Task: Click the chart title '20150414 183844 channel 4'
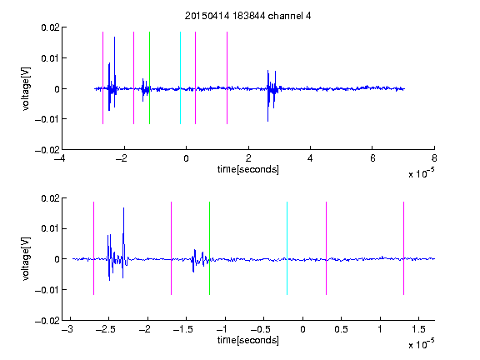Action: (x=247, y=16)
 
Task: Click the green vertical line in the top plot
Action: (x=149, y=77)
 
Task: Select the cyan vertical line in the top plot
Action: (x=180, y=77)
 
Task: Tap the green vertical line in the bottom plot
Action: (x=210, y=248)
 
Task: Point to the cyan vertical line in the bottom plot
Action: (x=287, y=248)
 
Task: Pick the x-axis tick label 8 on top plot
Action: (x=434, y=158)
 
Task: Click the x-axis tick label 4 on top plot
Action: (x=310, y=158)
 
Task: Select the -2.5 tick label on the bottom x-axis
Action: (x=105, y=329)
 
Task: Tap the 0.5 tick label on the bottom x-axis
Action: (x=341, y=329)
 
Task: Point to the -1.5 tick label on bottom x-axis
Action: (x=182, y=329)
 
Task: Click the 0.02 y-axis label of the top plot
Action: (x=50, y=27)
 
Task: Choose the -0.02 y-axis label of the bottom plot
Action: (x=47, y=321)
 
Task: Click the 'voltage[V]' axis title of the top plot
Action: (x=27, y=89)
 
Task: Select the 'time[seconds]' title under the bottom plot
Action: (x=248, y=340)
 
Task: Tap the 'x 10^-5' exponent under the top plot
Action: (x=421, y=173)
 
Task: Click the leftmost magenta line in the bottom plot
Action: (x=93, y=248)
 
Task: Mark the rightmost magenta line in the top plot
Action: (x=227, y=77)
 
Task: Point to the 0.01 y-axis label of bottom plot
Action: (x=50, y=228)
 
